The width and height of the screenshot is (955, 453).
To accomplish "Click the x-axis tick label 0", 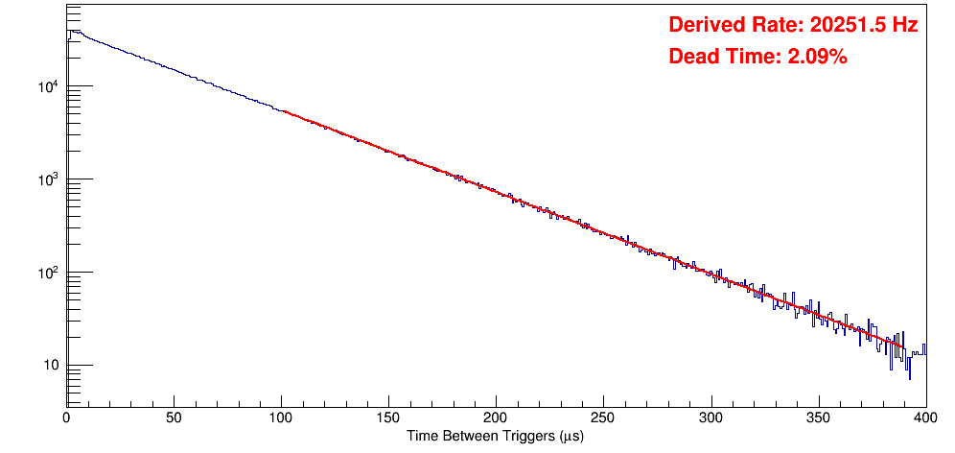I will [66, 417].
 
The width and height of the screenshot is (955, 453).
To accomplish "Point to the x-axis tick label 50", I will [174, 417].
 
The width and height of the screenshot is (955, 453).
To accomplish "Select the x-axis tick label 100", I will [281, 417].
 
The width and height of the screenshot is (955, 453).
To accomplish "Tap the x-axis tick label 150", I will [388, 417].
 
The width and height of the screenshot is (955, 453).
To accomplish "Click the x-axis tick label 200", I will [496, 417].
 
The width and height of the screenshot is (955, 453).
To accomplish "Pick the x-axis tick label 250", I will [603, 417].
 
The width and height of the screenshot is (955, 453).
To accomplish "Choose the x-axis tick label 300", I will [710, 417].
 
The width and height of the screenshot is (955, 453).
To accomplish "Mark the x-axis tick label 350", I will [818, 417].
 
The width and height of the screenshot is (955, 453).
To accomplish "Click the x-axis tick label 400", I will [924, 417].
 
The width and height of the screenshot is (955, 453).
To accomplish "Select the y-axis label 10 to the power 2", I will [48, 273].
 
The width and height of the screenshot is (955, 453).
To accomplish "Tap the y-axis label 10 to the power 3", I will [48, 179].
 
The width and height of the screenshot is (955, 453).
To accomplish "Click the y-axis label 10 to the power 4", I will [48, 87].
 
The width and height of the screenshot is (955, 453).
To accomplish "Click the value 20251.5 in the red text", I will [844, 26].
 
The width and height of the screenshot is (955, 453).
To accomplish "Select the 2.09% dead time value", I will [817, 58].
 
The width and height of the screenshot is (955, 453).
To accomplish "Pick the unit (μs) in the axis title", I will [568, 436].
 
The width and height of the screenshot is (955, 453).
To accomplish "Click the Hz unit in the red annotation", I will [906, 26].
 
